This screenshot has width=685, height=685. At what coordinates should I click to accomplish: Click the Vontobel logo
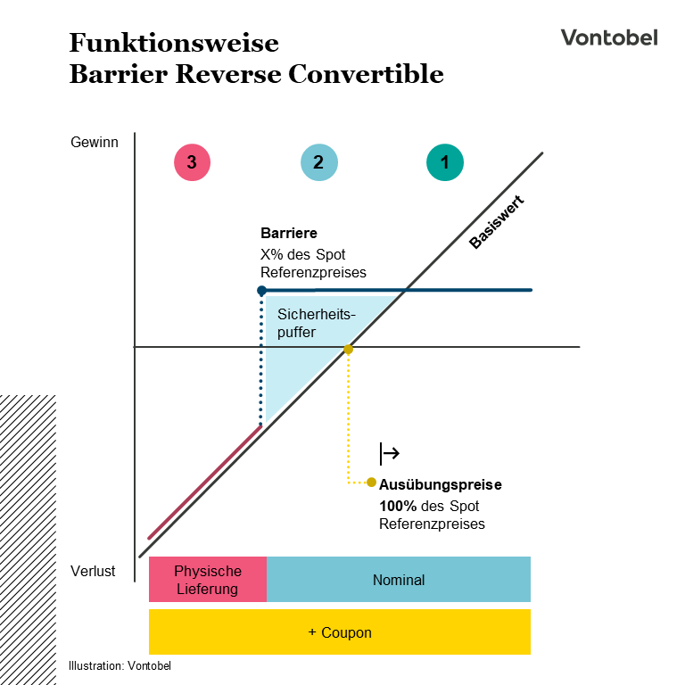pos(609,37)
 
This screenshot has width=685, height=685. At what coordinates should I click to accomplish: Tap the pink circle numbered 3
pos(192,162)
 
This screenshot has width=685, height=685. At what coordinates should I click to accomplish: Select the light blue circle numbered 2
pos(318,162)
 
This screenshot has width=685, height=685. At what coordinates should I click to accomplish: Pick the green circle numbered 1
pos(445,162)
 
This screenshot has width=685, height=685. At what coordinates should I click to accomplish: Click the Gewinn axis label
pos(94,142)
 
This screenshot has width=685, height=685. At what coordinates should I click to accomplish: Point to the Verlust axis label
pos(93,571)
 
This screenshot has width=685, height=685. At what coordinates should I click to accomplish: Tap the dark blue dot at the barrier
pos(261,291)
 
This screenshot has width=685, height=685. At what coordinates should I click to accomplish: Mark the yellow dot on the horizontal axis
pos(349,350)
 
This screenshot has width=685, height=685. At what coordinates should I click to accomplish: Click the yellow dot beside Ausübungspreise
pos(371,483)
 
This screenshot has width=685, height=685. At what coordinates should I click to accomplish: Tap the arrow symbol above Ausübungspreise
pos(390,454)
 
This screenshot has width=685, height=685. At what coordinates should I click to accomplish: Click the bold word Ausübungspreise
pos(440,485)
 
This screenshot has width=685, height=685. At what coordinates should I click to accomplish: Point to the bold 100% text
pos(398,505)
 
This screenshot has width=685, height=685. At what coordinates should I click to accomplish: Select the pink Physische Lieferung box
pos(208,580)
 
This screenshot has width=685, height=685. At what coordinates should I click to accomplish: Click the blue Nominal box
pos(399,580)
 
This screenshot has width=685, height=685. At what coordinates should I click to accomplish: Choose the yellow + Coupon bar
pos(340,632)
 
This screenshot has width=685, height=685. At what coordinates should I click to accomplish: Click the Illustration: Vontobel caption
pos(120,665)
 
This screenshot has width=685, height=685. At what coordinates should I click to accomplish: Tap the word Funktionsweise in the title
pos(174,43)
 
